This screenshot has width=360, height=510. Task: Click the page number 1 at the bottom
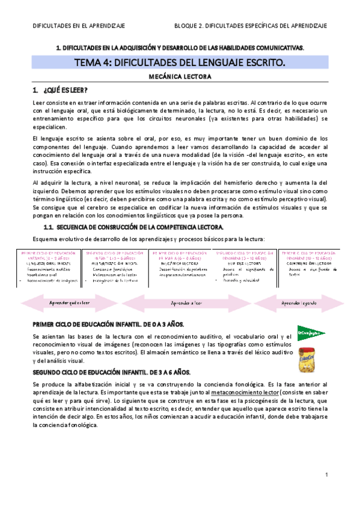pyautogui.click(x=325, y=475)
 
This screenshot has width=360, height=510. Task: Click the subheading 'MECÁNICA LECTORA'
pyautogui.click(x=179, y=77)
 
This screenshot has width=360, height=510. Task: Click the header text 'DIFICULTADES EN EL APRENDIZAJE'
pyautogui.click(x=70, y=26)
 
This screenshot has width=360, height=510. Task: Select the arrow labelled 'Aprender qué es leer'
pyautogui.click(x=69, y=303)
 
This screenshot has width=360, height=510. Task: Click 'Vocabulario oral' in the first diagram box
pyautogui.click(x=42, y=274)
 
